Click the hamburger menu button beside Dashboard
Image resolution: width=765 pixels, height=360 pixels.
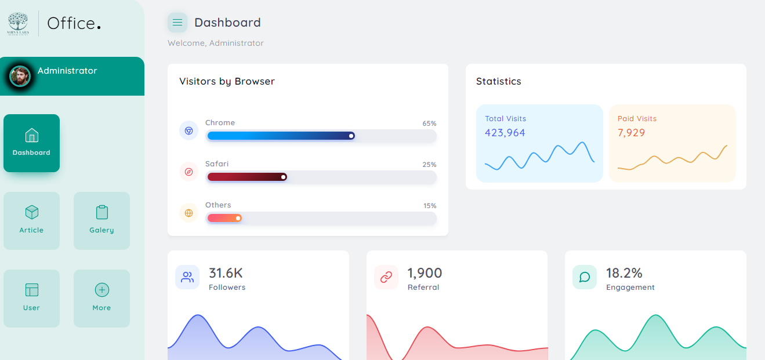coord(177,23)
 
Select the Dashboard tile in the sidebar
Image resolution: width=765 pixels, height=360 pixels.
coord(31,143)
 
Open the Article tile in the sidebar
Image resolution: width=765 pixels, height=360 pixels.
coord(31,220)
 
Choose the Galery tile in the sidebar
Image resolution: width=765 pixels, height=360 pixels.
coord(101,220)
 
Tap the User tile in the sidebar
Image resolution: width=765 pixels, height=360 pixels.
coord(31,298)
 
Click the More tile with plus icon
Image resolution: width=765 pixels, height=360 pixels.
coord(101,298)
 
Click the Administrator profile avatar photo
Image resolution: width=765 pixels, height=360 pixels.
coord(20,76)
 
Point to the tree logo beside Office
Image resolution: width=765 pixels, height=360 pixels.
coord(17,23)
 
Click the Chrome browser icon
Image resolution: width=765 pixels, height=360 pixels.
coord(188,131)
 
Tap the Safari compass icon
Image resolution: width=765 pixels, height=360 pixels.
coord(188,172)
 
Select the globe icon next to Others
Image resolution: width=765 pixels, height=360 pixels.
coord(188,213)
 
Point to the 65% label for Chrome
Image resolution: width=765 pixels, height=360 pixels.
coord(429,123)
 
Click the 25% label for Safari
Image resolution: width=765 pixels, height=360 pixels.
coord(429,165)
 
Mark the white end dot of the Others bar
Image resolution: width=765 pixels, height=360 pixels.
coord(238,219)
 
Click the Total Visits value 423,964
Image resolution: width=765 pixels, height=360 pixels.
coord(505,133)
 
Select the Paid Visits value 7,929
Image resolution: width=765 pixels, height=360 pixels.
coord(631,133)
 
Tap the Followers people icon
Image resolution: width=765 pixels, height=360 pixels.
coord(187,277)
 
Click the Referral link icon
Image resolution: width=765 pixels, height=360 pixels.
coord(386,277)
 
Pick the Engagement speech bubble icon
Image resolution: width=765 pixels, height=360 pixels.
coord(585,277)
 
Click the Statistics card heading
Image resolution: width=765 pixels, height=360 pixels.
coord(498,82)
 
